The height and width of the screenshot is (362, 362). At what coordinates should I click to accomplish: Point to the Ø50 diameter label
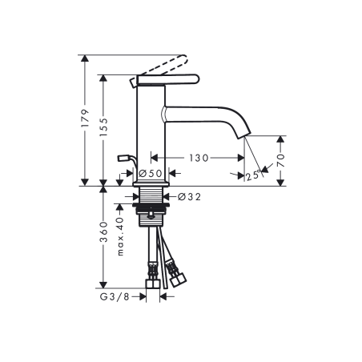click(x=151, y=173)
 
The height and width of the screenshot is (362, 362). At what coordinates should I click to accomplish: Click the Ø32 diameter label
click(x=188, y=195)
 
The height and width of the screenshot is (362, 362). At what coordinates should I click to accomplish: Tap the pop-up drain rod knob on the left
click(x=122, y=158)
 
